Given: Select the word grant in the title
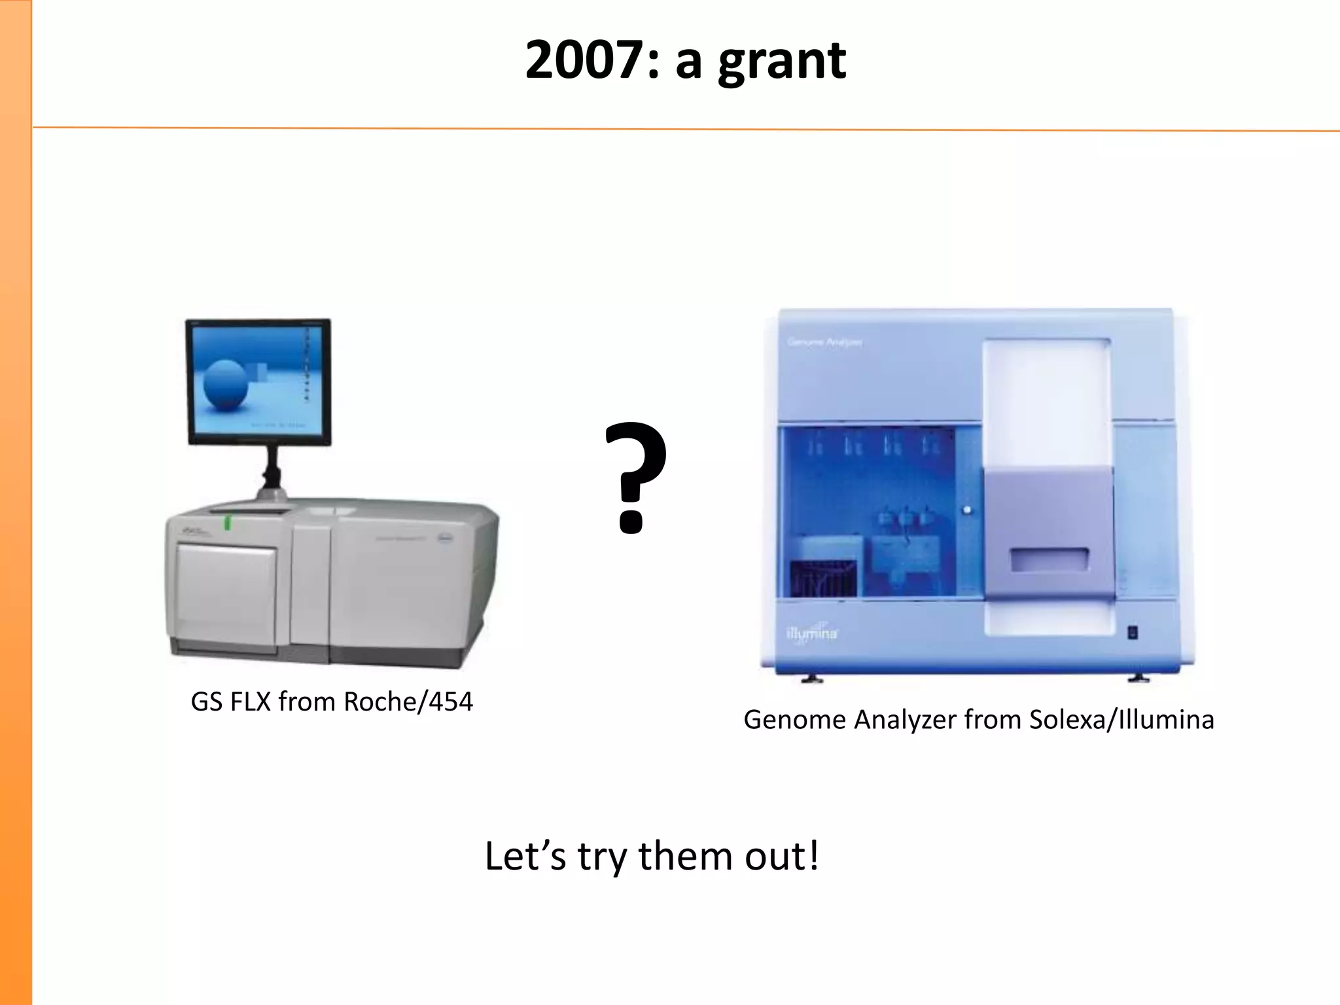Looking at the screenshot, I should pyautogui.click(x=782, y=62).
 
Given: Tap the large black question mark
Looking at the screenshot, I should pyautogui.click(x=635, y=476).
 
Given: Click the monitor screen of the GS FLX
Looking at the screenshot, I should pyautogui.click(x=258, y=380).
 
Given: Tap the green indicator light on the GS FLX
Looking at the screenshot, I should pyautogui.click(x=228, y=522).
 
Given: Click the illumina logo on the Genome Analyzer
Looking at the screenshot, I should pyautogui.click(x=812, y=633).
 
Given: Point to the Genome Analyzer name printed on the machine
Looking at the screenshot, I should pyautogui.click(x=824, y=342).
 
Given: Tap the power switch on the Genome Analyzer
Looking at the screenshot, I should pyautogui.click(x=1133, y=633).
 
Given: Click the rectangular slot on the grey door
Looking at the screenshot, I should pyautogui.click(x=1049, y=559).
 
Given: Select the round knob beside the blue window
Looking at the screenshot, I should pyautogui.click(x=967, y=510).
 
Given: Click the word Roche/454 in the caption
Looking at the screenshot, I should pyautogui.click(x=408, y=701).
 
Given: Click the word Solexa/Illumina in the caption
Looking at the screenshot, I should pyautogui.click(x=1121, y=720).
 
